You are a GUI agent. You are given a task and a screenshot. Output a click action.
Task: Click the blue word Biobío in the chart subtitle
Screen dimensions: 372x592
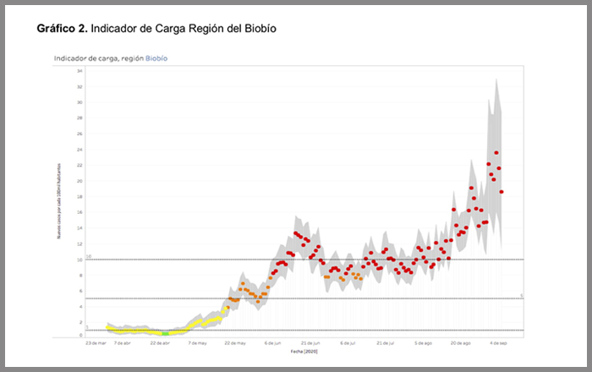coord(156,60)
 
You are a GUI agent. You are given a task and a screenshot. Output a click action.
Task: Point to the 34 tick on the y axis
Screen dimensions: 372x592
coord(79,71)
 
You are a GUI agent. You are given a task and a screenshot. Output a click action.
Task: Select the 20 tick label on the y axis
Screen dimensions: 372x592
coord(79,181)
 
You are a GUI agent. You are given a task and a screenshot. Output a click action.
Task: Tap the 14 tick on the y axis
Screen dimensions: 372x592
coord(79,228)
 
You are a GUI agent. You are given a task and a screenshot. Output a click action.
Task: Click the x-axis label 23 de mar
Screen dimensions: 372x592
coord(96,343)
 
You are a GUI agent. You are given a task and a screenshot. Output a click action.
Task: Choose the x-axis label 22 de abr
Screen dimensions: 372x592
coord(160,343)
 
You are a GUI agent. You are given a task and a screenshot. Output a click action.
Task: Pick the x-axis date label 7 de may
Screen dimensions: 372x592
coord(198,343)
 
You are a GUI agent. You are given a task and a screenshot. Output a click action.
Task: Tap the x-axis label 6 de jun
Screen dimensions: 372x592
coord(272,343)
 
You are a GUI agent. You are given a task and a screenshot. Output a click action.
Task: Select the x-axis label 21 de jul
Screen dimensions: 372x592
coord(386,343)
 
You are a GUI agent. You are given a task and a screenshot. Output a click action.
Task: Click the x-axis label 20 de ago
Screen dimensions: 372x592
coord(460,343)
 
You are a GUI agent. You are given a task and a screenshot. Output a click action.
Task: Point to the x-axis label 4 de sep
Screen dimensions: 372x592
coord(498,343)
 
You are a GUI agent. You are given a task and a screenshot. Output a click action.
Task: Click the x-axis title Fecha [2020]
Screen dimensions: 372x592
coord(304,350)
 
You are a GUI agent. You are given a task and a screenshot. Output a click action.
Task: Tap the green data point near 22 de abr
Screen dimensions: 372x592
coord(166,333)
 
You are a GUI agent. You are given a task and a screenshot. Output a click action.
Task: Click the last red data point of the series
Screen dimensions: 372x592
coord(502,192)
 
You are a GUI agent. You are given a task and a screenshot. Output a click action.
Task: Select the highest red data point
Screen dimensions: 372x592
coord(496,153)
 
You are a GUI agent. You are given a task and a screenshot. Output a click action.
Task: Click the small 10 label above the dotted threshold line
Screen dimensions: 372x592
coord(88,256)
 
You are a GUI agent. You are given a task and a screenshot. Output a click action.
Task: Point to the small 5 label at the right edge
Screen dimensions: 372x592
coord(522,295)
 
